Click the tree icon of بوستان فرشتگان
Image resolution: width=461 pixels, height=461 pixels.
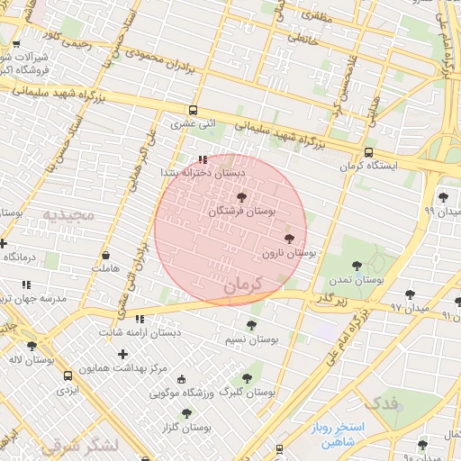click(x=240, y=196)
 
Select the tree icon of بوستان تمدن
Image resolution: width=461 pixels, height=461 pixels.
click(x=357, y=266)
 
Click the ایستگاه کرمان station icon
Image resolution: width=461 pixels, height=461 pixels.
click(x=369, y=152)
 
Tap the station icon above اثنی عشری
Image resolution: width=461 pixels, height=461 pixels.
click(x=193, y=110)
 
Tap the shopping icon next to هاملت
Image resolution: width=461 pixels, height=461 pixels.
click(x=105, y=255)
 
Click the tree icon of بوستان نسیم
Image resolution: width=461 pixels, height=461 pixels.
click(x=249, y=324)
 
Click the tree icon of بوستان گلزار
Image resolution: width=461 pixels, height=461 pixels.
click(x=186, y=413)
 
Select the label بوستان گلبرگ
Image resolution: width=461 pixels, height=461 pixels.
click(x=247, y=393)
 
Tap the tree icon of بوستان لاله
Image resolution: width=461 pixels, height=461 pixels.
click(x=32, y=346)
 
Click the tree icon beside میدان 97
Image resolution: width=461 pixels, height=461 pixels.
click(x=411, y=294)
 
